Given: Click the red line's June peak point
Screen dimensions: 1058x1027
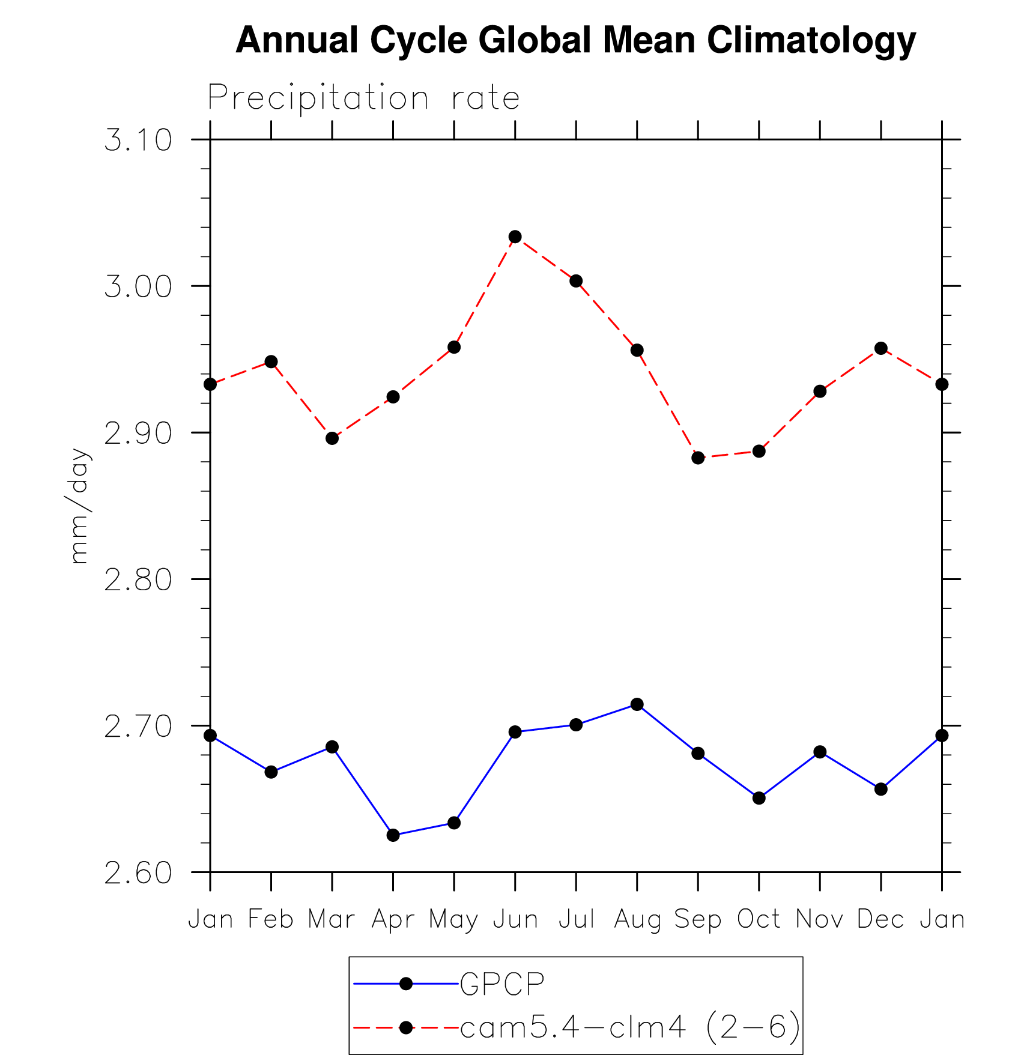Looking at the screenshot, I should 515,237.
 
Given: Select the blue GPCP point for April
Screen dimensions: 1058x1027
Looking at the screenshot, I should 393,835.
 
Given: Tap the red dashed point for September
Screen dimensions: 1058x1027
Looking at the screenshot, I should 698,458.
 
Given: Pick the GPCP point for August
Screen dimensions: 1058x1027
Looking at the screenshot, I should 637,704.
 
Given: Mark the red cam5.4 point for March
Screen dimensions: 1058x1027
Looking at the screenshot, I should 332,438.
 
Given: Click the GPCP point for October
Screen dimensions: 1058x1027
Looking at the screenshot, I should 759,798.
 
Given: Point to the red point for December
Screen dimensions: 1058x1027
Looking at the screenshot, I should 881,348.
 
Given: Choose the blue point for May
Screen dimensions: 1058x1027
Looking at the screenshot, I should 454,823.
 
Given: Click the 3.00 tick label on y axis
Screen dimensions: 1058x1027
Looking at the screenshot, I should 138,287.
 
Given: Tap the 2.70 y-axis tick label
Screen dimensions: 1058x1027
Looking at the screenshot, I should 138,727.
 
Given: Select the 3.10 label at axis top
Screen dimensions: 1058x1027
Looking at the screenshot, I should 138,141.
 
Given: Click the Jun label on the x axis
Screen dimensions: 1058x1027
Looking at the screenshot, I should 515,919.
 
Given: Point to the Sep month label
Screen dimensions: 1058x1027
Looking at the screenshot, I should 698,919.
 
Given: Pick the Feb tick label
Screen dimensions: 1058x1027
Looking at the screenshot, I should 271,919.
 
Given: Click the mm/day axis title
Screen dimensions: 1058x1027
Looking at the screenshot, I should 79,506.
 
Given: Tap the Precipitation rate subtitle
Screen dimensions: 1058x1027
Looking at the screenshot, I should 363,97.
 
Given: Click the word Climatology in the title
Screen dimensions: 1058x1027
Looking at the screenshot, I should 811,41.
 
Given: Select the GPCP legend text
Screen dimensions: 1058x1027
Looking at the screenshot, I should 502,984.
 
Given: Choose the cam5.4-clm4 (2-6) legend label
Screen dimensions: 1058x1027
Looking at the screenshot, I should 630,1027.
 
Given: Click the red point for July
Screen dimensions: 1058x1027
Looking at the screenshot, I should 576,281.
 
